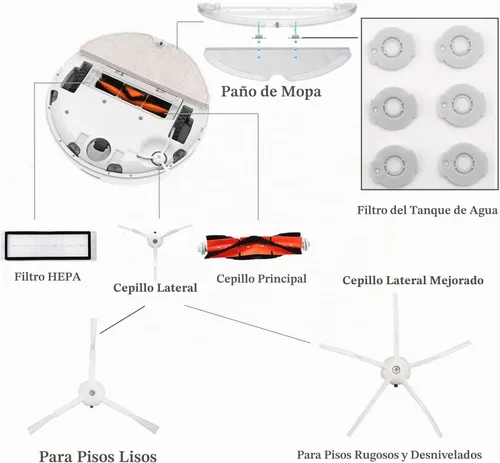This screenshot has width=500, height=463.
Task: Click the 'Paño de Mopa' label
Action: point(271,92)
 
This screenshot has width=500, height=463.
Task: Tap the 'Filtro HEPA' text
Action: point(48,277)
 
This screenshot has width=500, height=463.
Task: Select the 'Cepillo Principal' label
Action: point(261,279)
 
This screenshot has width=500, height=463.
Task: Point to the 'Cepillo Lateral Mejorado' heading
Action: point(413,280)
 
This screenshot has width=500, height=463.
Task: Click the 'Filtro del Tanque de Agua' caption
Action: point(428,210)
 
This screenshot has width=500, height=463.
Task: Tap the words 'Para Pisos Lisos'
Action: point(98,456)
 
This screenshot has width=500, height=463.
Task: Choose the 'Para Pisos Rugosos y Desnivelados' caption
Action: point(389,455)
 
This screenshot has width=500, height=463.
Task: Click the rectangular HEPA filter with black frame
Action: point(48,246)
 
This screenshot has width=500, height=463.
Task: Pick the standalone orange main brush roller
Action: point(254,247)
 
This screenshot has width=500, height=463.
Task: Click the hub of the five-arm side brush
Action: point(396,369)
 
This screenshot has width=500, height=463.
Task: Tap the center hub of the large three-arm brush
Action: point(92,393)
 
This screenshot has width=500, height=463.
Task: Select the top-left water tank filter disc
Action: point(393,48)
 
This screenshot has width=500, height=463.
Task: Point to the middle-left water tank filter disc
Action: point(394,107)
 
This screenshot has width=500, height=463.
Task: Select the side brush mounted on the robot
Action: point(157,157)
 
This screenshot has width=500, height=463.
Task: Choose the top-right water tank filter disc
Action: point(460,47)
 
